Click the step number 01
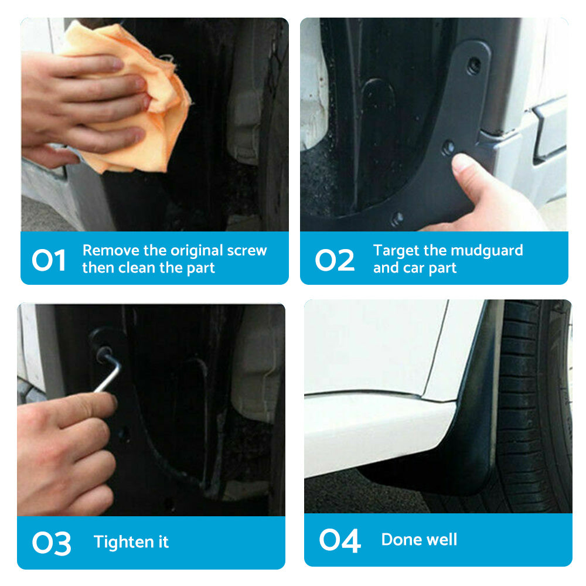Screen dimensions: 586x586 49,260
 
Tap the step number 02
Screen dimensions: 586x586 335,260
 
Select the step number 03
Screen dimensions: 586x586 52,543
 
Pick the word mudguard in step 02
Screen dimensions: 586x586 486,250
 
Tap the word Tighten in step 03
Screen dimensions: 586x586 119,542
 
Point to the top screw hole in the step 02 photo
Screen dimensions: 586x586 473,65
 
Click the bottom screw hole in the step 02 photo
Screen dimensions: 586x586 398,219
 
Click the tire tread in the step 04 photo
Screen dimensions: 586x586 527,410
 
